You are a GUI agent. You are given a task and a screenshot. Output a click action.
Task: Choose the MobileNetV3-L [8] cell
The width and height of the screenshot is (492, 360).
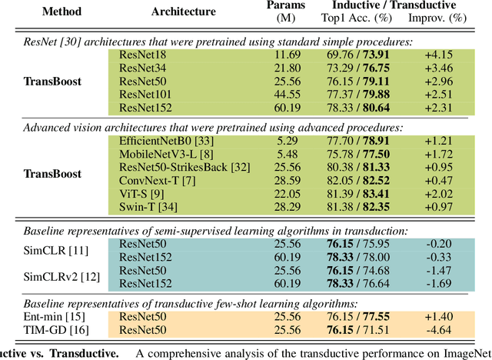coord(162,155)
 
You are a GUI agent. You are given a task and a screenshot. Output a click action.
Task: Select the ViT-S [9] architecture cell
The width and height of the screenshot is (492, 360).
coord(141,195)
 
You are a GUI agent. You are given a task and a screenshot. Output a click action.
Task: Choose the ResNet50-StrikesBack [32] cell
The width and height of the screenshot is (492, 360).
coord(180,168)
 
